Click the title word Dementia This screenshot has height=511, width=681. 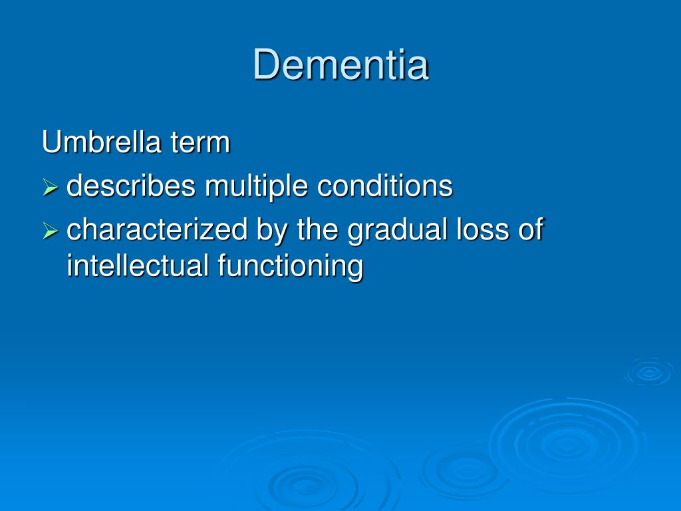340,65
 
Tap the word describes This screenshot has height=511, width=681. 131,186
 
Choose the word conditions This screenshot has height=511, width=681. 384,186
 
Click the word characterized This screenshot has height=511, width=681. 157,230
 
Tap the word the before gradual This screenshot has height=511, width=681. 319,230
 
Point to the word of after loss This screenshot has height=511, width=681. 529,230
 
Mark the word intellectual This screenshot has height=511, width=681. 138,266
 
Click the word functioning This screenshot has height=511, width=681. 290,267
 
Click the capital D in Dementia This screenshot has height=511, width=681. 265,65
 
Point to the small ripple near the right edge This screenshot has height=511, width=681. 648,373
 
